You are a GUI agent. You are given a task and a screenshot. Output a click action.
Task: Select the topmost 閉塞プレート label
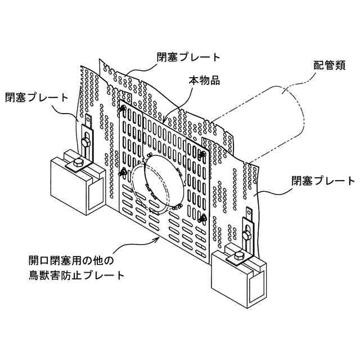(188, 57)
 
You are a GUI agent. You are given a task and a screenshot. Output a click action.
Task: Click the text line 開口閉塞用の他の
(71, 260)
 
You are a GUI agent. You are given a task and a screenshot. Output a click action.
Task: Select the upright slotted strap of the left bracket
(88, 134)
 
